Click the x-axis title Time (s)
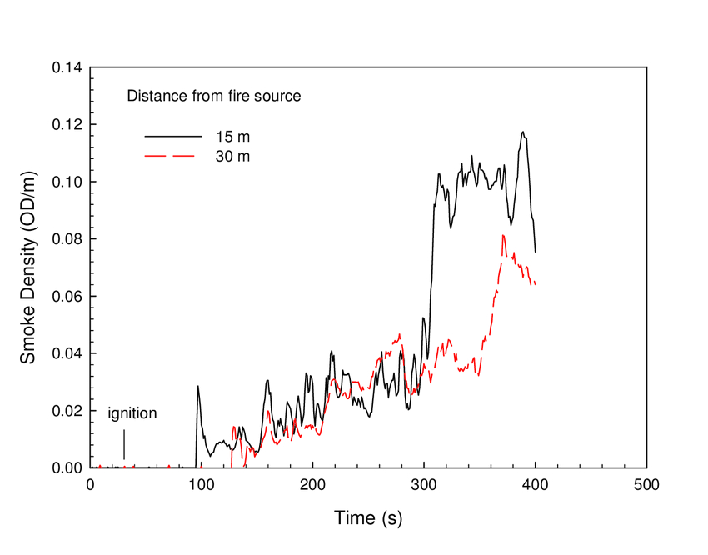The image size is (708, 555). point(368,517)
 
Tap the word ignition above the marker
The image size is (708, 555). point(132,412)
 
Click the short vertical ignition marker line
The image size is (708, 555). point(124,443)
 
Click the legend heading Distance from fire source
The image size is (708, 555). point(213,96)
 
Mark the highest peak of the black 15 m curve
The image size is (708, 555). point(523,132)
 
